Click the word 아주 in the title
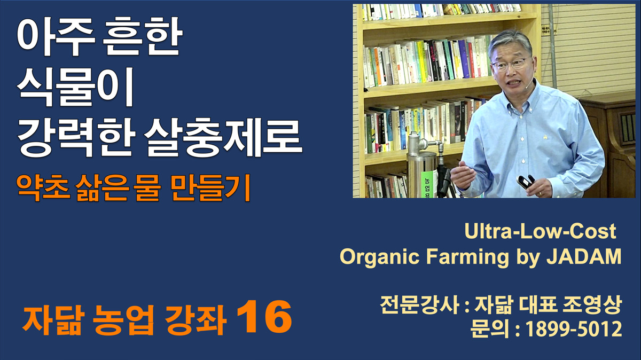(56, 37)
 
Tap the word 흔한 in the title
(142, 37)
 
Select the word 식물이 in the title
(75, 87)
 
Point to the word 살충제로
(223, 138)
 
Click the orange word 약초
(43, 187)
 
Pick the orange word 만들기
(210, 187)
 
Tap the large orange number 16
(264, 317)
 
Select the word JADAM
(584, 256)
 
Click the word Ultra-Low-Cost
(540, 231)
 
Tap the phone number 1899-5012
(574, 329)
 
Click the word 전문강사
(419, 304)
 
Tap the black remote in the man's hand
(526, 182)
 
